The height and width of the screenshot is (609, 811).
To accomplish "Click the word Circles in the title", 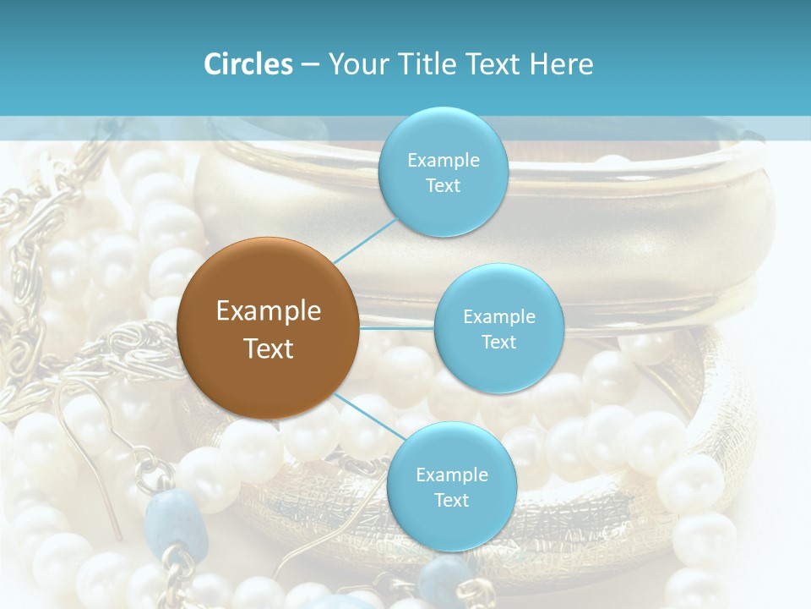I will (248, 64).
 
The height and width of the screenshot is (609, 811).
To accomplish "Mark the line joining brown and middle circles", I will (397, 328).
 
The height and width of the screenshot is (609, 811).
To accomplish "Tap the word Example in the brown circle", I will (269, 311).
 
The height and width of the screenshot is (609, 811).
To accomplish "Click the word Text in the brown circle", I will (269, 348).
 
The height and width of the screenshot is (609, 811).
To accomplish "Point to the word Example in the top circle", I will (443, 161).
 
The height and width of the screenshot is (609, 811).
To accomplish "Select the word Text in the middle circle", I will (498, 343).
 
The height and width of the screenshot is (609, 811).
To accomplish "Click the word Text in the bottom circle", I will (451, 500).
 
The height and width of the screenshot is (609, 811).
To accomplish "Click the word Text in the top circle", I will (443, 186).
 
